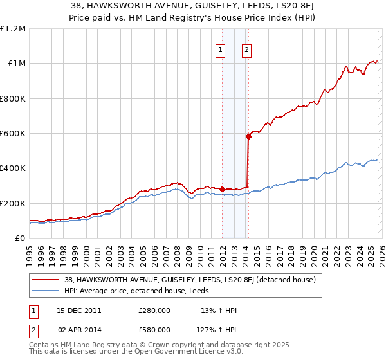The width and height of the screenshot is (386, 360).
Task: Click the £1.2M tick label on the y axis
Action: click(x=13, y=29)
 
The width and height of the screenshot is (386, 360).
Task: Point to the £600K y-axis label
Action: click(x=13, y=134)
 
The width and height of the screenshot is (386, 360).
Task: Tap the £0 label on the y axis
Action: click(x=21, y=239)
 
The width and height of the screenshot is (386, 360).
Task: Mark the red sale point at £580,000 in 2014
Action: click(x=248, y=136)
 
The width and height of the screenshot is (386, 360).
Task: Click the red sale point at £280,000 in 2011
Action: click(x=222, y=189)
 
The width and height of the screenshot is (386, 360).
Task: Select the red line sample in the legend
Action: click(x=46, y=280)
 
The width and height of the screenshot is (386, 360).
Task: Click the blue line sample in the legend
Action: click(x=46, y=291)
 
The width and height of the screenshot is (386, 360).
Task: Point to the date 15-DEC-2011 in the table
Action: click(x=78, y=310)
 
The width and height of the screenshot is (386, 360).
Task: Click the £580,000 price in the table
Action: click(x=154, y=330)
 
